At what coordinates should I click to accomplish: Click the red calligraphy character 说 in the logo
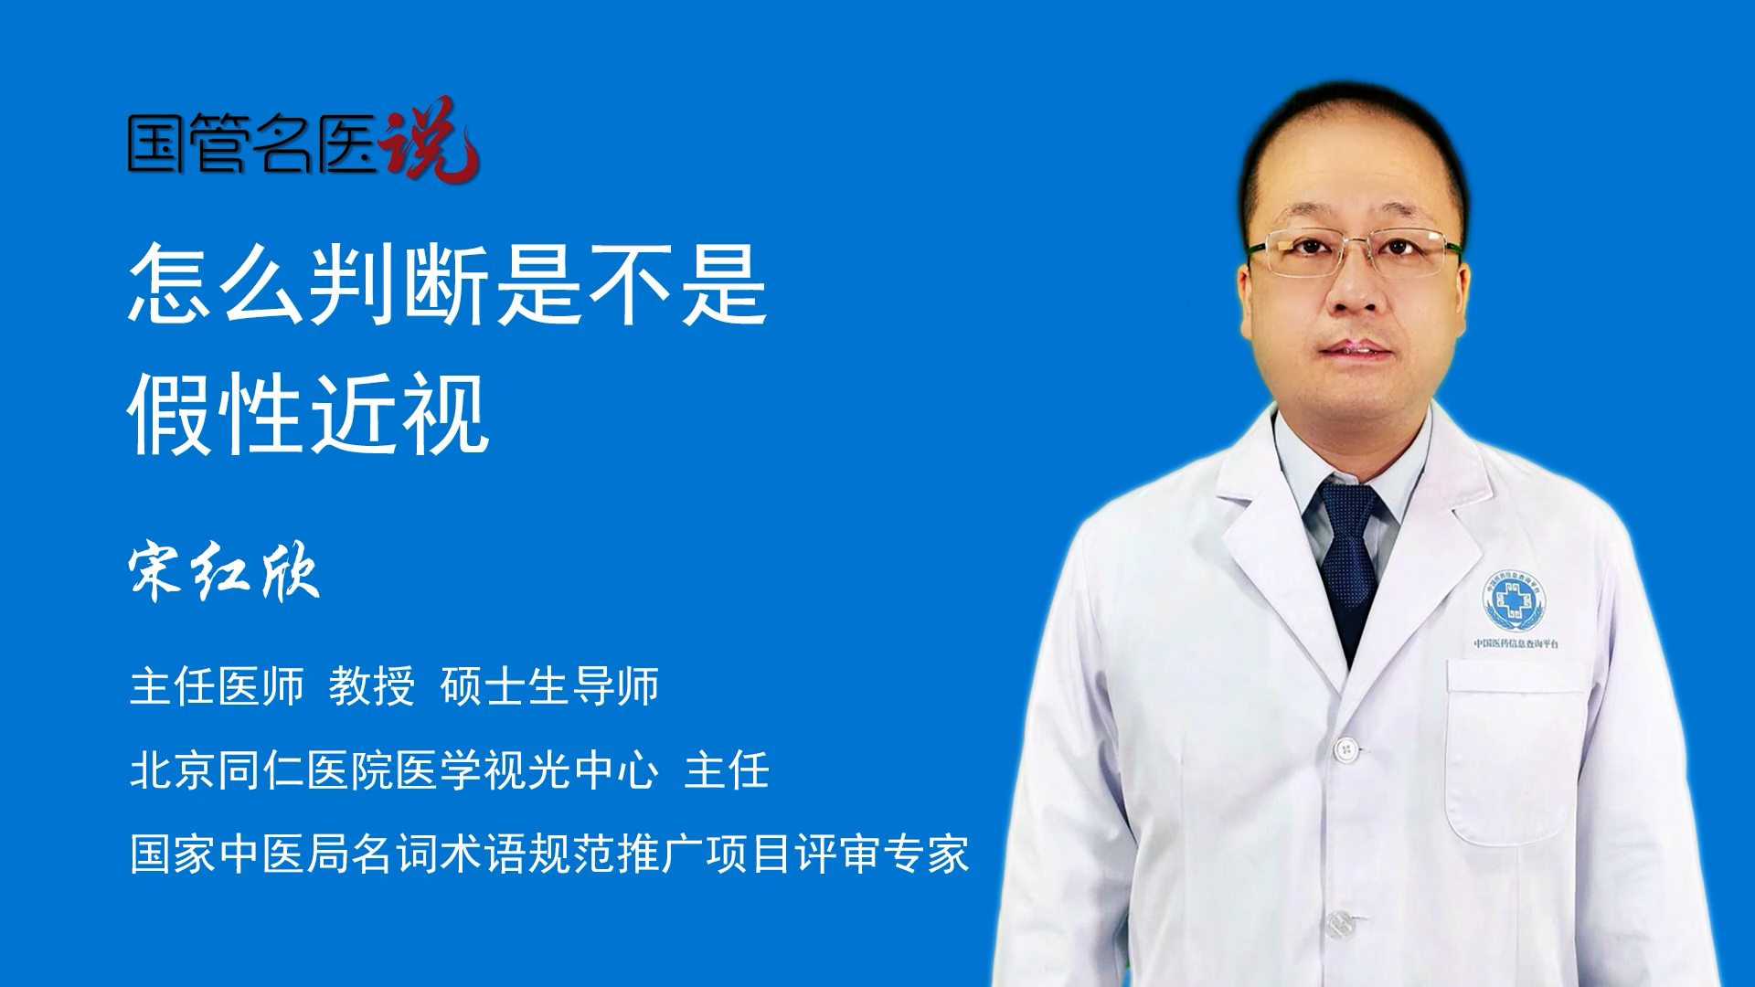tap(430, 139)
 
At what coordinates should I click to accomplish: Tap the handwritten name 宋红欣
tap(224, 573)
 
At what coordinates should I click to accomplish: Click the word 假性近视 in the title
tap(309, 414)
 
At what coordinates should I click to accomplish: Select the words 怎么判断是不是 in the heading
tap(448, 283)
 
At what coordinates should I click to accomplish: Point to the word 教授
tap(372, 686)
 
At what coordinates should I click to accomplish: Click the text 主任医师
tap(217, 686)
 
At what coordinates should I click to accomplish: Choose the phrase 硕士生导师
tap(549, 686)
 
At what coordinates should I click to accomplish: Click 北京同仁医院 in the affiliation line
tap(261, 770)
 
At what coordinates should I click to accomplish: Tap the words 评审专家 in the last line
tap(881, 854)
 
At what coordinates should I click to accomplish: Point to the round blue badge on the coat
tap(1515, 600)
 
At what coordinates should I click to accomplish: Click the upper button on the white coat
tap(1345, 750)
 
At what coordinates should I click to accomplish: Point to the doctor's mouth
tap(1356, 349)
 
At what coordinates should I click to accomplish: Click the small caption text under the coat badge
tap(1516, 644)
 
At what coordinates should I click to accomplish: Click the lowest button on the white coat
tap(1338, 925)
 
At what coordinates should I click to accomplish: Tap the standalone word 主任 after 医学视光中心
tap(727, 770)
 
